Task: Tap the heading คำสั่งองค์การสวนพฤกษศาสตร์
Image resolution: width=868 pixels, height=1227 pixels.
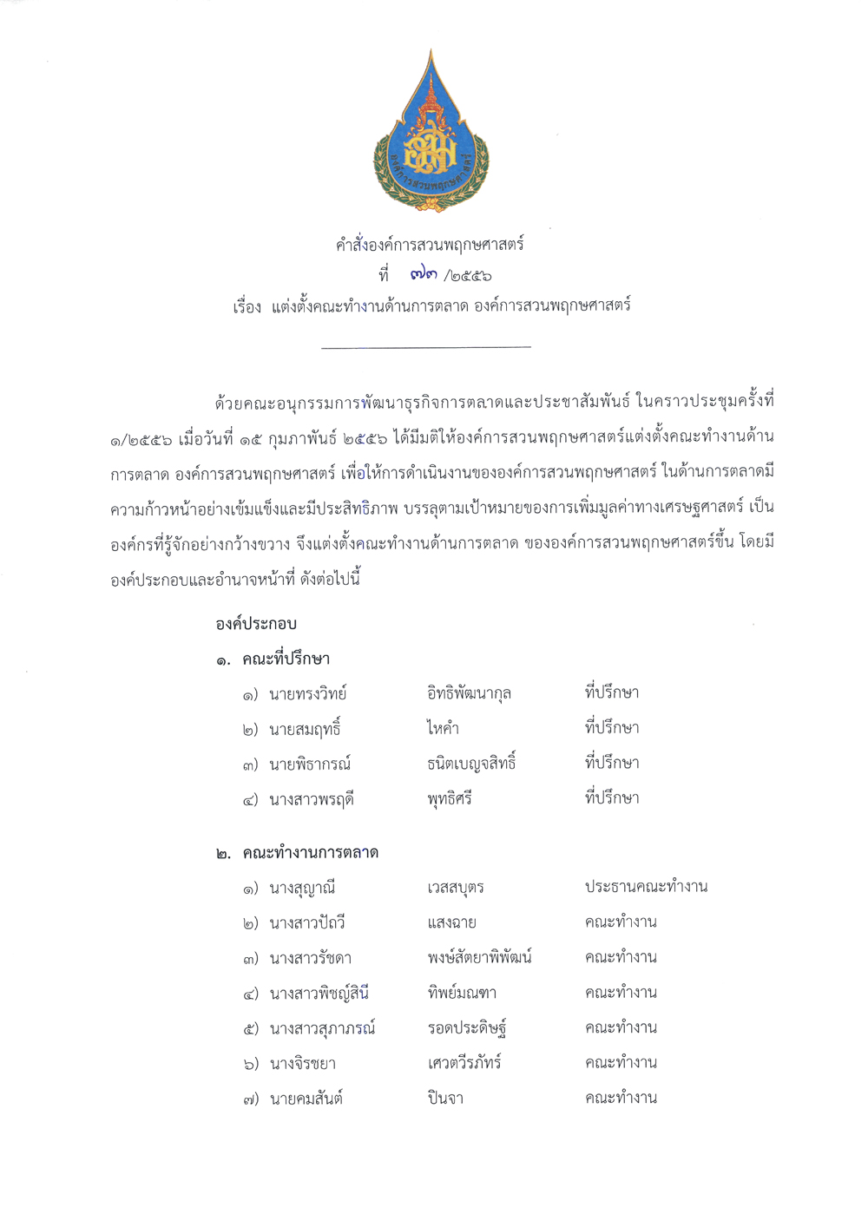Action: pyautogui.click(x=430, y=245)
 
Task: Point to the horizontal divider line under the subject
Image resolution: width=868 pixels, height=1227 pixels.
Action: pyautogui.click(x=425, y=347)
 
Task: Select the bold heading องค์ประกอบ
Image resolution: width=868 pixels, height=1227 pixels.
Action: pyautogui.click(x=256, y=623)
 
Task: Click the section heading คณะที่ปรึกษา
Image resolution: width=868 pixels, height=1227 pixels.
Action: pyautogui.click(x=286, y=659)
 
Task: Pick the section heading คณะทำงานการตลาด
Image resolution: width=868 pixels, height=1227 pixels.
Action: pyautogui.click(x=310, y=852)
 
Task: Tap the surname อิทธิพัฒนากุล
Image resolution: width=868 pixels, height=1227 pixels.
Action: pyautogui.click(x=469, y=693)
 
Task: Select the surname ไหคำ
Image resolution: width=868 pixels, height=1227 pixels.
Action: pyautogui.click(x=443, y=729)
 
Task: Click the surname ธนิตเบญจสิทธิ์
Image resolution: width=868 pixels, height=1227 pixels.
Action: pyautogui.click(x=471, y=764)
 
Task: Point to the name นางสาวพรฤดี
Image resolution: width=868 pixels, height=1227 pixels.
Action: pyautogui.click(x=311, y=799)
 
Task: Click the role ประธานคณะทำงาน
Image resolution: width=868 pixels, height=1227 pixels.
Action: pyautogui.click(x=646, y=887)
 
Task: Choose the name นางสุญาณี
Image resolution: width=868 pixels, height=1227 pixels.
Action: pyautogui.click(x=302, y=888)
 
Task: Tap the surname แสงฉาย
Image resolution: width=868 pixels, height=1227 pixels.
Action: pyautogui.click(x=451, y=922)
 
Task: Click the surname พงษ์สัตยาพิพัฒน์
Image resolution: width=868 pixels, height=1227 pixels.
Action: pyautogui.click(x=479, y=958)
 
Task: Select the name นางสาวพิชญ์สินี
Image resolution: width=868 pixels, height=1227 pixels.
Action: pyautogui.click(x=319, y=993)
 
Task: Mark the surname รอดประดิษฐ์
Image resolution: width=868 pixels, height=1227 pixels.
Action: pyautogui.click(x=467, y=1028)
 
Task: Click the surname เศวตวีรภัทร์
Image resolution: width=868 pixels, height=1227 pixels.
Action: pyautogui.click(x=464, y=1063)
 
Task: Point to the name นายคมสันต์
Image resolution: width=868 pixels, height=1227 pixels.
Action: pyautogui.click(x=306, y=1099)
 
